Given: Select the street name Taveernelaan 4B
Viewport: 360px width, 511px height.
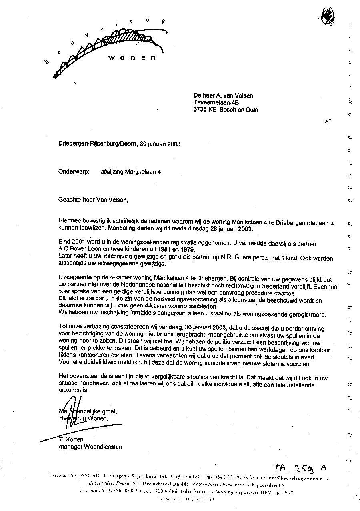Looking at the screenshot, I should (216, 102).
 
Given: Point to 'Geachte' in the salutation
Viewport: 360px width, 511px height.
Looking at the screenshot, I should (70, 199).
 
